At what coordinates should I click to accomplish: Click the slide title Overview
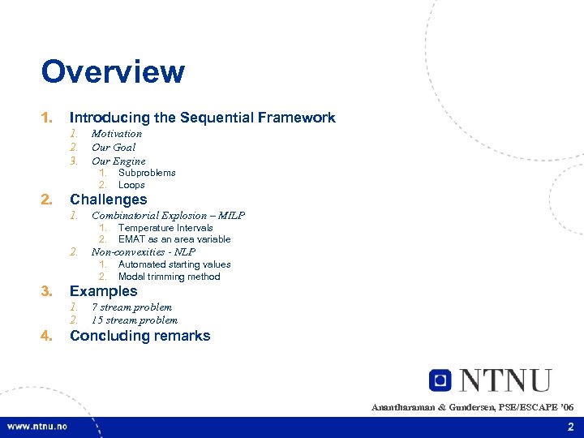(x=113, y=71)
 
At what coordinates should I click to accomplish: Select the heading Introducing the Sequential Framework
(x=202, y=118)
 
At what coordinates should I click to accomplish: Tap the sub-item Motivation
(x=117, y=134)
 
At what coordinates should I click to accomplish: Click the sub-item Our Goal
(x=114, y=148)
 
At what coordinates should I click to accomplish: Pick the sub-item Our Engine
(x=118, y=161)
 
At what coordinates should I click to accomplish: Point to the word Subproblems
(x=147, y=173)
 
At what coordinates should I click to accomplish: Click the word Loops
(x=131, y=185)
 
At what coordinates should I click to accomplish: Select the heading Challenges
(x=109, y=200)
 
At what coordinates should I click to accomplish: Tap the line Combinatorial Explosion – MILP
(x=168, y=216)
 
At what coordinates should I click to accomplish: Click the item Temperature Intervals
(x=165, y=228)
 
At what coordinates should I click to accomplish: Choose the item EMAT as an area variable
(x=174, y=239)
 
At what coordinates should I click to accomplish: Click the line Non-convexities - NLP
(x=144, y=252)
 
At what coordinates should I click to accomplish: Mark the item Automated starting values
(x=174, y=264)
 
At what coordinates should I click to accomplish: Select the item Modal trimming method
(x=169, y=277)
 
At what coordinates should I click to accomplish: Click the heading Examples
(x=104, y=291)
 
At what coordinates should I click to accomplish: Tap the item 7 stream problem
(x=131, y=307)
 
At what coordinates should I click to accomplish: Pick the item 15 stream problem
(x=135, y=320)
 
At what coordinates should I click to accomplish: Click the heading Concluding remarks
(x=140, y=336)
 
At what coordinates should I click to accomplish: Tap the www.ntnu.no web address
(x=37, y=427)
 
